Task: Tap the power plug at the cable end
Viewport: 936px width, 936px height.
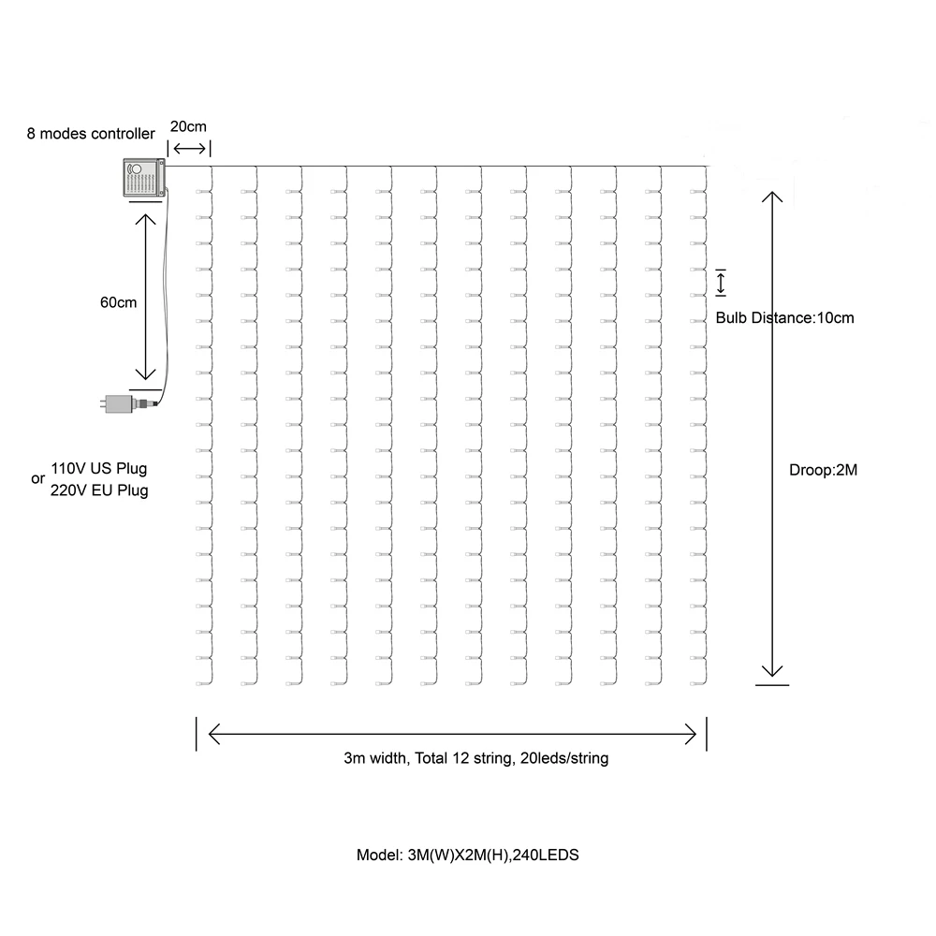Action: tap(118, 404)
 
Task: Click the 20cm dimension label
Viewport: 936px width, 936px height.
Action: tap(187, 126)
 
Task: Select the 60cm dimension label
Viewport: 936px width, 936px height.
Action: tap(119, 302)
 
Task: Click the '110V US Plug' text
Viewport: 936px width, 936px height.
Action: tap(99, 469)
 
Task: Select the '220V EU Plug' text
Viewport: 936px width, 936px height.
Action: tap(99, 490)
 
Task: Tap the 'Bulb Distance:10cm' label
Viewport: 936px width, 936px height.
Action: tap(784, 317)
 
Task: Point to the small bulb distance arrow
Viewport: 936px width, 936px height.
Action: tap(721, 282)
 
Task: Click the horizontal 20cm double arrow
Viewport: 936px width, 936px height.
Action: tap(189, 149)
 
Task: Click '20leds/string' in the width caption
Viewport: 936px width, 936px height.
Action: tap(562, 758)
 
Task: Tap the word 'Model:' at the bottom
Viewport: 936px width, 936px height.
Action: tap(380, 856)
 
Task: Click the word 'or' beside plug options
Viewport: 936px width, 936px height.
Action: tap(38, 478)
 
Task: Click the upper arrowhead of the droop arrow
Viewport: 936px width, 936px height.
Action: tap(771, 197)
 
